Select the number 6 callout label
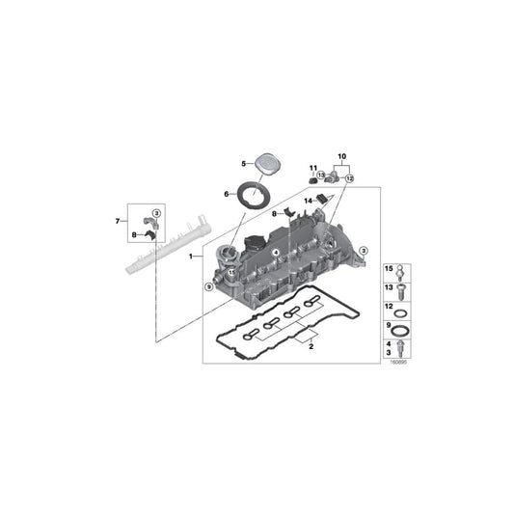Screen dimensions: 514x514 pyautogui.click(x=228, y=194)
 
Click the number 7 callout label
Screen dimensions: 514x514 pyautogui.click(x=119, y=222)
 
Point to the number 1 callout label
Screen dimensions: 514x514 pyautogui.click(x=191, y=257)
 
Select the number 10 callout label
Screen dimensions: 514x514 pyautogui.click(x=340, y=156)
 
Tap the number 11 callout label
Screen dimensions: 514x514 pyautogui.click(x=312, y=170)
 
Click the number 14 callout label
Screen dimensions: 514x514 pyautogui.click(x=310, y=200)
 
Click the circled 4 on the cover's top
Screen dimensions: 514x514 pyautogui.click(x=275, y=253)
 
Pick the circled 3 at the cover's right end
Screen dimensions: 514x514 pyautogui.click(x=364, y=251)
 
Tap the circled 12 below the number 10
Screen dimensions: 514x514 pyautogui.click(x=350, y=178)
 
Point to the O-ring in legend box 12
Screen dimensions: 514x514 pyautogui.click(x=406, y=310)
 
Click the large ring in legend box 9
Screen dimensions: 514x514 pyautogui.click(x=406, y=329)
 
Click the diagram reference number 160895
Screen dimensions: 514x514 pyautogui.click(x=399, y=365)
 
